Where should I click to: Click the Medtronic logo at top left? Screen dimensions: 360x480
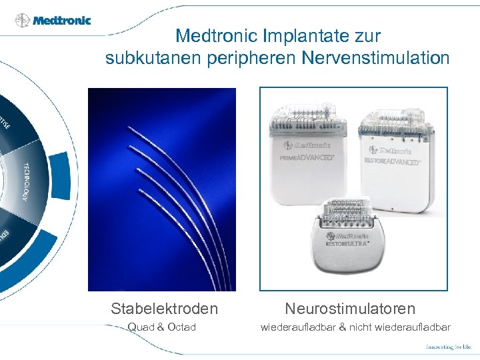click(x=53, y=19)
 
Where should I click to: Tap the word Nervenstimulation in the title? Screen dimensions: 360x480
click(x=376, y=59)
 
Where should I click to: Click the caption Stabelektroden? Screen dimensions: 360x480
click(x=165, y=309)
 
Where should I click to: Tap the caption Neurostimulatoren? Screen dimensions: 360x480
click(x=350, y=309)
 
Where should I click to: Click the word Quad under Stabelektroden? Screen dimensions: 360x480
click(x=141, y=327)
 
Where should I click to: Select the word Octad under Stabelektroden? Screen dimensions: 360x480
click(x=182, y=327)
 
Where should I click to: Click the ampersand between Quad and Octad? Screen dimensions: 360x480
click(x=163, y=327)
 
